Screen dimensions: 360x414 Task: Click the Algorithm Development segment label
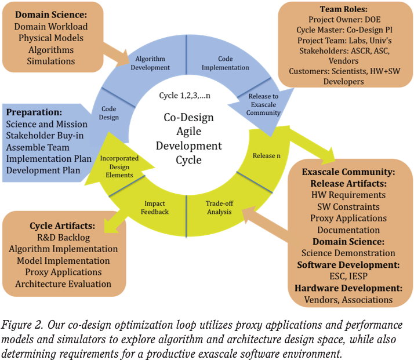(x=152, y=63)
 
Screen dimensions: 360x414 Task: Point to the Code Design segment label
(x=110, y=112)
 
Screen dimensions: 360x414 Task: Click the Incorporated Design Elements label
(x=117, y=166)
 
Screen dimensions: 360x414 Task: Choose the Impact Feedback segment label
(x=155, y=208)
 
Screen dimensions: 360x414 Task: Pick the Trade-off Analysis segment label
(x=219, y=208)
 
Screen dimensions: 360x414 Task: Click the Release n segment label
(x=267, y=155)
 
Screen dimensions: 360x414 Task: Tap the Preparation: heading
(x=35, y=112)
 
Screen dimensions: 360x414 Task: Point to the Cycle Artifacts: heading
(x=62, y=225)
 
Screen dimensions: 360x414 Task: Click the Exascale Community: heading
(x=348, y=172)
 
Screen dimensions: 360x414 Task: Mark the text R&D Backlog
(x=62, y=237)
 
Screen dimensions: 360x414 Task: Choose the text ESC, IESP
(x=348, y=277)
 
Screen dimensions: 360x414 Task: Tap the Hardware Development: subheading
(x=348, y=288)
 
